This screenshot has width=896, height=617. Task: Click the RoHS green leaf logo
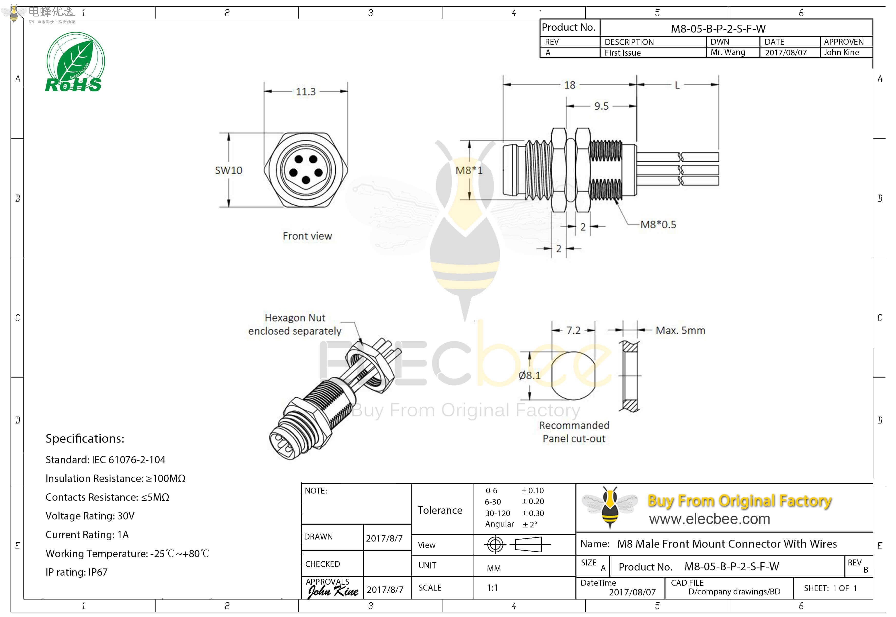pyautogui.click(x=75, y=62)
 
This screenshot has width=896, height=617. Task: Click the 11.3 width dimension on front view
pyautogui.click(x=305, y=92)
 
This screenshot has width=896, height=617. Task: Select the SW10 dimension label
pyautogui.click(x=228, y=170)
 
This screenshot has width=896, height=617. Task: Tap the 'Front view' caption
pyautogui.click(x=307, y=236)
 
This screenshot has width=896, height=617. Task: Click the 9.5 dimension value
pyautogui.click(x=601, y=106)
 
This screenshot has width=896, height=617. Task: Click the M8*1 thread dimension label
pyautogui.click(x=469, y=170)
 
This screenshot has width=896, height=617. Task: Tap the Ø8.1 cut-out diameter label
pyautogui.click(x=529, y=375)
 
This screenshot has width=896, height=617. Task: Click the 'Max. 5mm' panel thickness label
pyautogui.click(x=680, y=331)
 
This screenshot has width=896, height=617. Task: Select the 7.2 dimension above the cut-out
pyautogui.click(x=573, y=331)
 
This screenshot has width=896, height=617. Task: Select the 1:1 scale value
pyautogui.click(x=492, y=588)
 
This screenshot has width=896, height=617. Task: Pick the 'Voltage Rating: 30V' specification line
pyautogui.click(x=90, y=516)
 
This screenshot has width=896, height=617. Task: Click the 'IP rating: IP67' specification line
pyautogui.click(x=76, y=573)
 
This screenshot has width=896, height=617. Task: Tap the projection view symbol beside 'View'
pyautogui.click(x=517, y=545)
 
